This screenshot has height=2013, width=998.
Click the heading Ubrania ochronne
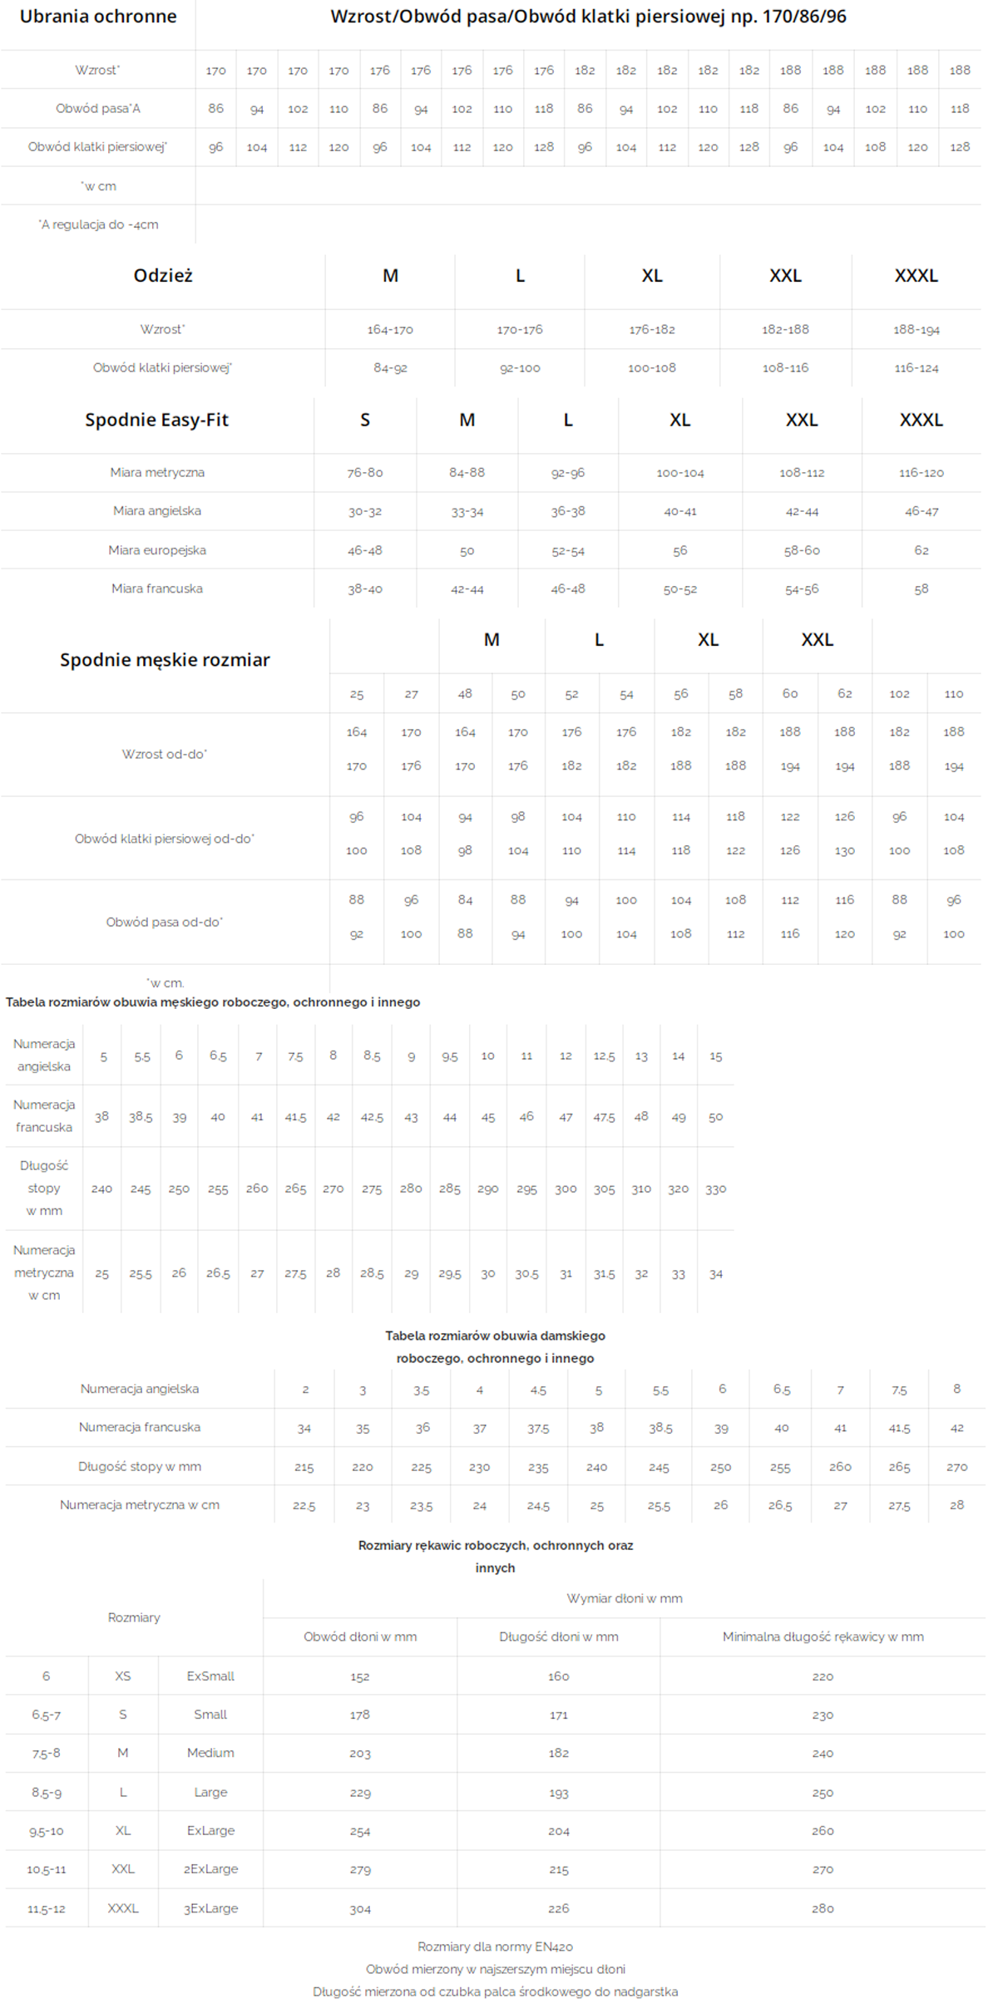98,17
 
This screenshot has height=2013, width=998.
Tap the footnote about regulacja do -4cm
98,224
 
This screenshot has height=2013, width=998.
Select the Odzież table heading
163,276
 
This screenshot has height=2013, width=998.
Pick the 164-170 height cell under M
390,330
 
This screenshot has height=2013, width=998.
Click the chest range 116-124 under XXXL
916,368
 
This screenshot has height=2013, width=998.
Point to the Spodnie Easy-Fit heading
156,421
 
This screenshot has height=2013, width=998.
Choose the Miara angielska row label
157,511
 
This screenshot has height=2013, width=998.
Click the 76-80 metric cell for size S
365,473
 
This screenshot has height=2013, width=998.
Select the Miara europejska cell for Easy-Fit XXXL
921,550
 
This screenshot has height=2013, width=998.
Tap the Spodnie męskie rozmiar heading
165,660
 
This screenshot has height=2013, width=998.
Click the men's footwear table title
213,1002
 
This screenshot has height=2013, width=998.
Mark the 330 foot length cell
716,1189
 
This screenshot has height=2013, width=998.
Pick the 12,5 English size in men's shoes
604,1056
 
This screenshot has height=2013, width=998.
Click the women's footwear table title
496,1347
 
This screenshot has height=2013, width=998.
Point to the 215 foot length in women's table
304,1468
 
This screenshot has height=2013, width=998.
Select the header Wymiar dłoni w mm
625,1598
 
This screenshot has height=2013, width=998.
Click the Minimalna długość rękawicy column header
823,1637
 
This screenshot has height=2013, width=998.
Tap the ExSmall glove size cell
210,1676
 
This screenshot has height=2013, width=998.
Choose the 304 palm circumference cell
360,1909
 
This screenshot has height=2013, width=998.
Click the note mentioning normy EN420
496,1947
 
